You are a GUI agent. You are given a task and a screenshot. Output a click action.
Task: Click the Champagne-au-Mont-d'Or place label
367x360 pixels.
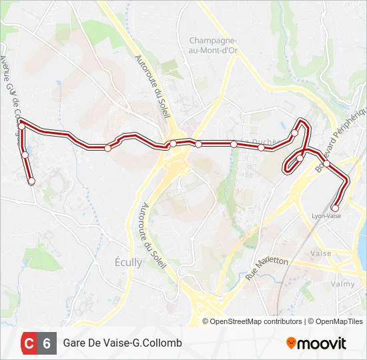coord(213,45)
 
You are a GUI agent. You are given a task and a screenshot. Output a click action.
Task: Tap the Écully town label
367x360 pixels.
coord(128,262)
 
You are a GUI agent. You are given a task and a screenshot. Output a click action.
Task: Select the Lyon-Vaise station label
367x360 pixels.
coord(326,216)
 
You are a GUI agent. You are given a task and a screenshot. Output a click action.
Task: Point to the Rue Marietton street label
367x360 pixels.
coord(267,267)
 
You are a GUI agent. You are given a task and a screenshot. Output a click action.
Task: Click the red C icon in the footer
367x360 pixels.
coord(29,343)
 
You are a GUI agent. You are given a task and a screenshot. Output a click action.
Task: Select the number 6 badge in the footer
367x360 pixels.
coord(47,343)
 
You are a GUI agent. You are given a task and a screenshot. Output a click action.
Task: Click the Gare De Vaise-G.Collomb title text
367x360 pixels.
coord(122,343)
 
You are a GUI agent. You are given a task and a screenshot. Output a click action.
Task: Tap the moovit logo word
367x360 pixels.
coord(322,343)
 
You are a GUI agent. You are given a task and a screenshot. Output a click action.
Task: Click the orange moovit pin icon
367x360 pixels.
coord(291,343)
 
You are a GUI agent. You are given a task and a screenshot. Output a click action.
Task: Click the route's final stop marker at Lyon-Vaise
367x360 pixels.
coord(335,208)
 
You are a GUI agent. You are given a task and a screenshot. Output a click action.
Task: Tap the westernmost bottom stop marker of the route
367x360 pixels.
coord(31,181)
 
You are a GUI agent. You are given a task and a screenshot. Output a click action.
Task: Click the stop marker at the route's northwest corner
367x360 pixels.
coord(21,126)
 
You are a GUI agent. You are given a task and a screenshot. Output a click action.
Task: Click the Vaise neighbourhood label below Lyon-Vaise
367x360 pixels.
coord(322,254)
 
